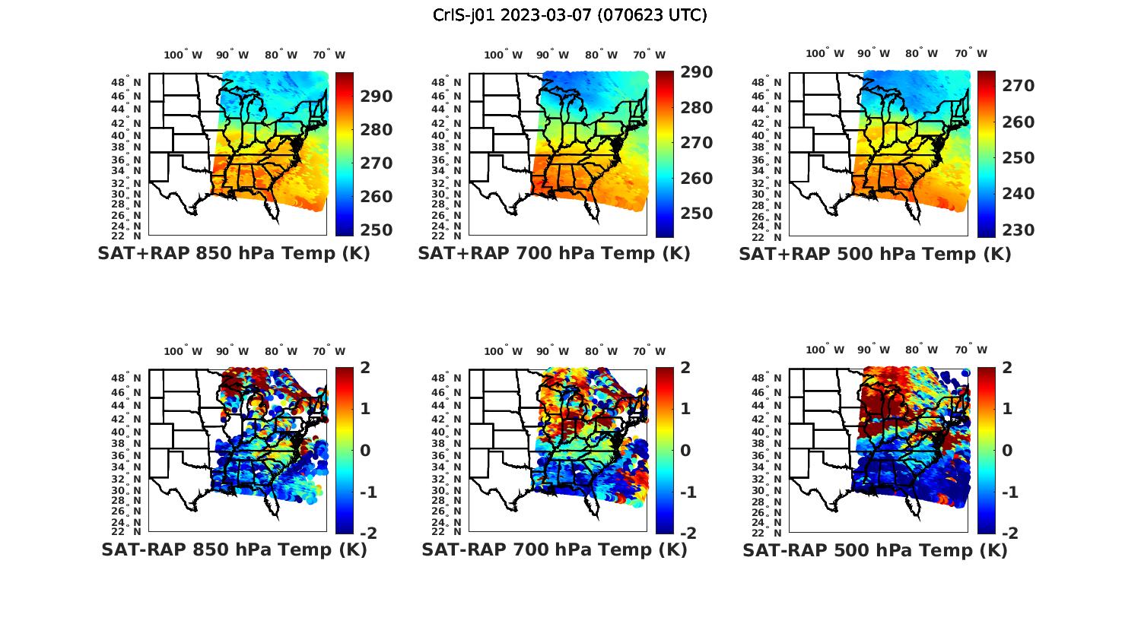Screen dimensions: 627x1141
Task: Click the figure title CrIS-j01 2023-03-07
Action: click(570, 15)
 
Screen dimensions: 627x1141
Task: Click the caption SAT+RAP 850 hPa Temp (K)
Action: click(234, 254)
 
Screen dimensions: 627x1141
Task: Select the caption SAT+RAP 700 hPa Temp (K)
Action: click(554, 254)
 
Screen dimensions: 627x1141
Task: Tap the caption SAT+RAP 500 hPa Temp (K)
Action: click(875, 254)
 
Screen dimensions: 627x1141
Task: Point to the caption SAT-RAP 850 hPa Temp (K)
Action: click(234, 549)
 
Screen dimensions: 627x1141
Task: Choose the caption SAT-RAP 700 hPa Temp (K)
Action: click(554, 549)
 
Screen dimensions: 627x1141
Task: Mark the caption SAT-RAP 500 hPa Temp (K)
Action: click(875, 549)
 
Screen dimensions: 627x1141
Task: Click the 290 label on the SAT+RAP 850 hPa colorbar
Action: click(377, 97)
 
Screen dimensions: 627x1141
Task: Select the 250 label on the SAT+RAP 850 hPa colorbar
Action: click(377, 230)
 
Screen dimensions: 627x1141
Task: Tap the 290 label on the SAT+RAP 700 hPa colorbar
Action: click(697, 72)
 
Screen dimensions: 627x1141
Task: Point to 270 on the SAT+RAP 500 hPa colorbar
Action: click(1018, 86)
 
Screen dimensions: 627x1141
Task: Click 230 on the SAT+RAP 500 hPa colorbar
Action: click(1018, 230)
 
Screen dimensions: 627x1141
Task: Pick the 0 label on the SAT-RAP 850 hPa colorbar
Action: click(365, 450)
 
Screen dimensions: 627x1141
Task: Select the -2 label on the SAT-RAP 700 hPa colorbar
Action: click(686, 533)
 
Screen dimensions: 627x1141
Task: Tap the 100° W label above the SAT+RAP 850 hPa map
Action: click(183, 55)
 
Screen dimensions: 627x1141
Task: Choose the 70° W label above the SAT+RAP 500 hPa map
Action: click(971, 53)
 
